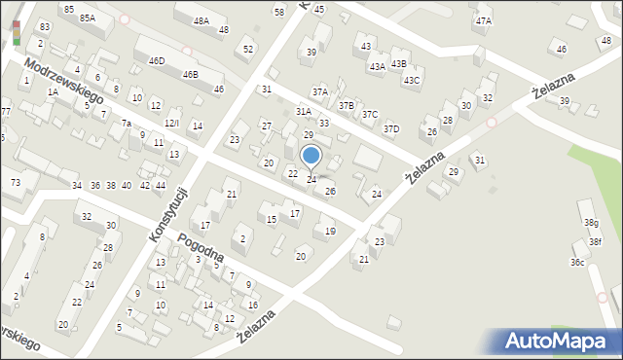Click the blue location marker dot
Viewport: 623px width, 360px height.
pyautogui.click(x=311, y=155)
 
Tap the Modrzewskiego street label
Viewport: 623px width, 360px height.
pyautogui.click(x=64, y=81)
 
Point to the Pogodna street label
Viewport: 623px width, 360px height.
pyautogui.click(x=202, y=247)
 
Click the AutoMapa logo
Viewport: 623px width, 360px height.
pyautogui.click(x=560, y=341)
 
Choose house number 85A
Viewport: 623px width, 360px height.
pyautogui.click(x=88, y=18)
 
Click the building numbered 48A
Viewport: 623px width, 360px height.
pyautogui.click(x=201, y=20)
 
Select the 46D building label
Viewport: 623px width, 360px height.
pyautogui.click(x=157, y=60)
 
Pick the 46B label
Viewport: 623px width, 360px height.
pyautogui.click(x=190, y=74)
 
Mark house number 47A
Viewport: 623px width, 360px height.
pyautogui.click(x=483, y=20)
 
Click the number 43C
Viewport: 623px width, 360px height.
pyautogui.click(x=412, y=80)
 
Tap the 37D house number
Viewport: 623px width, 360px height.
pyautogui.click(x=390, y=128)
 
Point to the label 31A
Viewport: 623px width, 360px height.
pyautogui.click(x=304, y=112)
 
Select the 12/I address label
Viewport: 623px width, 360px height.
pyautogui.click(x=171, y=123)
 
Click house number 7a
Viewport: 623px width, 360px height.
pyautogui.click(x=127, y=124)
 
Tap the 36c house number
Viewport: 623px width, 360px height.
pyautogui.click(x=578, y=262)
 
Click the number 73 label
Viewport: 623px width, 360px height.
pyautogui.click(x=15, y=183)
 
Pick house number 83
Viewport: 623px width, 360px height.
pyautogui.click(x=45, y=26)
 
